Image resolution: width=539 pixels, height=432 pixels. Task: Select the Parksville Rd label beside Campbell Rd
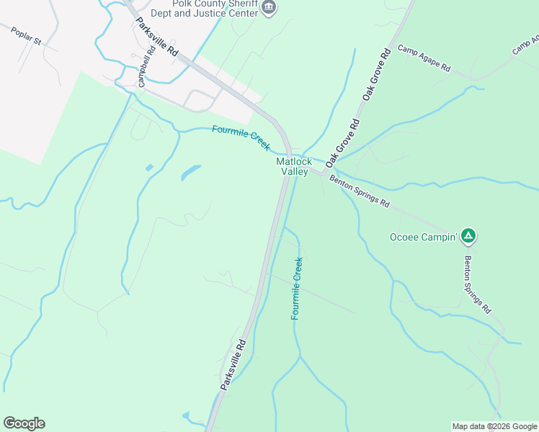click(156, 37)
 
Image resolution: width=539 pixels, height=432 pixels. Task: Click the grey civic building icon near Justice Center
click(269, 7)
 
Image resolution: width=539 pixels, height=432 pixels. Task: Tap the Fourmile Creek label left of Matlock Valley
click(241, 138)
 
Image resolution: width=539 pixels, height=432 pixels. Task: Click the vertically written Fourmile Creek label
click(297, 289)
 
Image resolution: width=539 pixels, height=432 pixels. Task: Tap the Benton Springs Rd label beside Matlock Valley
click(360, 192)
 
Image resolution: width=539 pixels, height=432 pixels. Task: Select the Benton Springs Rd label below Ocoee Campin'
click(477, 284)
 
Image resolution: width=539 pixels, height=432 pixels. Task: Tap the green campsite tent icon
click(468, 235)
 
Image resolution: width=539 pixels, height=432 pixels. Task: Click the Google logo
click(24, 423)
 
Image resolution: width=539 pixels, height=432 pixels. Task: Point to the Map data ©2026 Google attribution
click(494, 426)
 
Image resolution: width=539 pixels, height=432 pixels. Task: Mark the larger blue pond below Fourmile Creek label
click(190, 173)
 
